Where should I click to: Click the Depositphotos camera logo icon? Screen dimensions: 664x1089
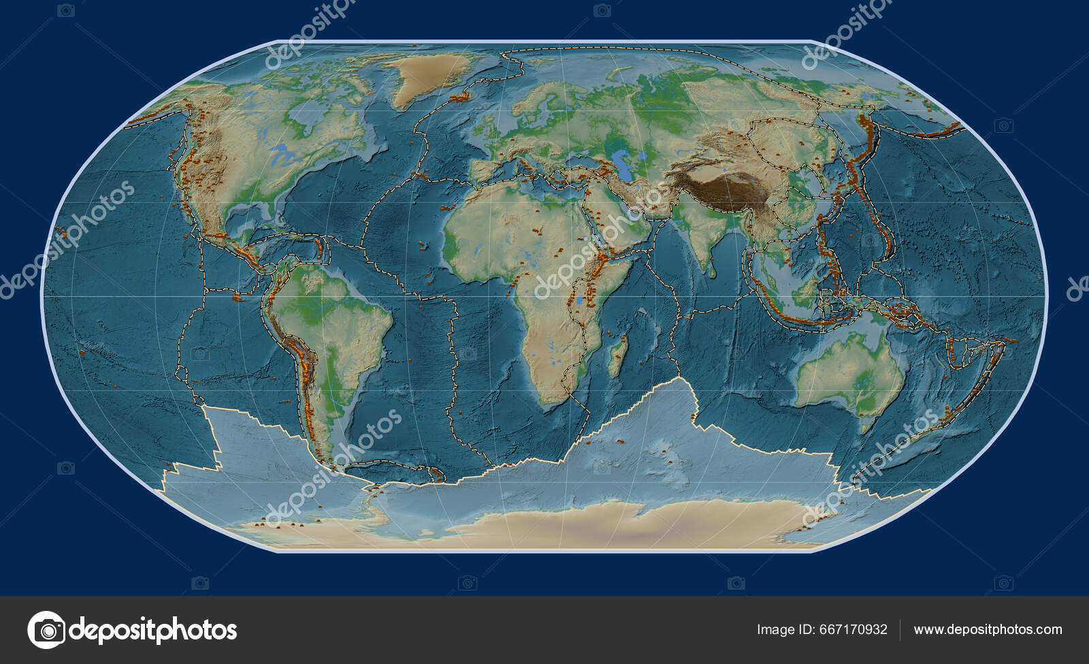(x=46, y=630)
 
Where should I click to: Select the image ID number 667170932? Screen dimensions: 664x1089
(x=854, y=630)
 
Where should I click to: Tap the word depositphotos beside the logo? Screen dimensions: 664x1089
(x=154, y=630)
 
